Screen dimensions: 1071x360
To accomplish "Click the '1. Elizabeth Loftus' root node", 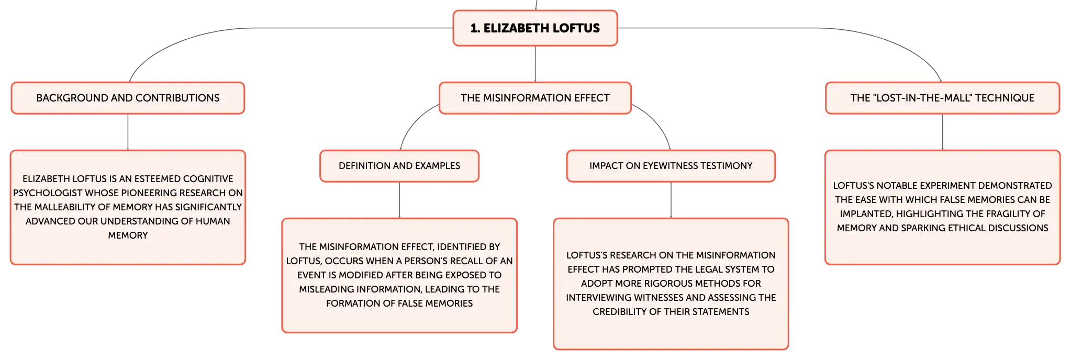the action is [x=535, y=28].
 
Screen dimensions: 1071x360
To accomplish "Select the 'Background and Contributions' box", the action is [x=128, y=98].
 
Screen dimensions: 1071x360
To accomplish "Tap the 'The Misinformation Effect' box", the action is [x=535, y=98].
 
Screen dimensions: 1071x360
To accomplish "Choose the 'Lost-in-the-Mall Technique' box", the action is [x=942, y=98].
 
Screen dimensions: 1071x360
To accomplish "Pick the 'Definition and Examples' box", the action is [x=399, y=166].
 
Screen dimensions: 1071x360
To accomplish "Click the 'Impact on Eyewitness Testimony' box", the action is [x=671, y=166].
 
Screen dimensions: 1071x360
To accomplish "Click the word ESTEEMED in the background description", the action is [x=155, y=179].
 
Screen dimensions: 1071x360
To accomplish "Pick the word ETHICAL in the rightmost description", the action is [x=950, y=228].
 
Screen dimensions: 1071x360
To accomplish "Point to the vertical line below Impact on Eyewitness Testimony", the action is [x=671, y=200].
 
